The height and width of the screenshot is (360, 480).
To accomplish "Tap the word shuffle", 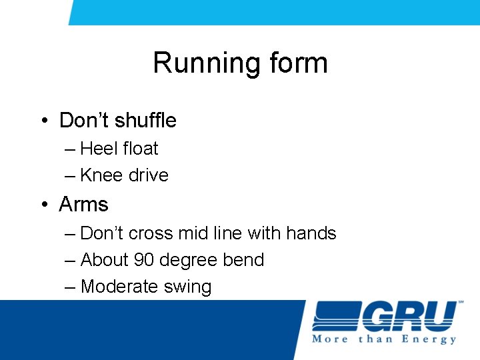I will (x=145, y=121).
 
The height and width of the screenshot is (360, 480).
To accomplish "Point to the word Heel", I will (x=98, y=149).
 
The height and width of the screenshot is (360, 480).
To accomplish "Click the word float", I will (x=140, y=149).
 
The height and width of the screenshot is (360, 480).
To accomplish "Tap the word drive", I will (x=149, y=175).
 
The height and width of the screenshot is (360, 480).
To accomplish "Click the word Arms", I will (x=83, y=204).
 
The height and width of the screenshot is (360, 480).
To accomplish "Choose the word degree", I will (x=191, y=261).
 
